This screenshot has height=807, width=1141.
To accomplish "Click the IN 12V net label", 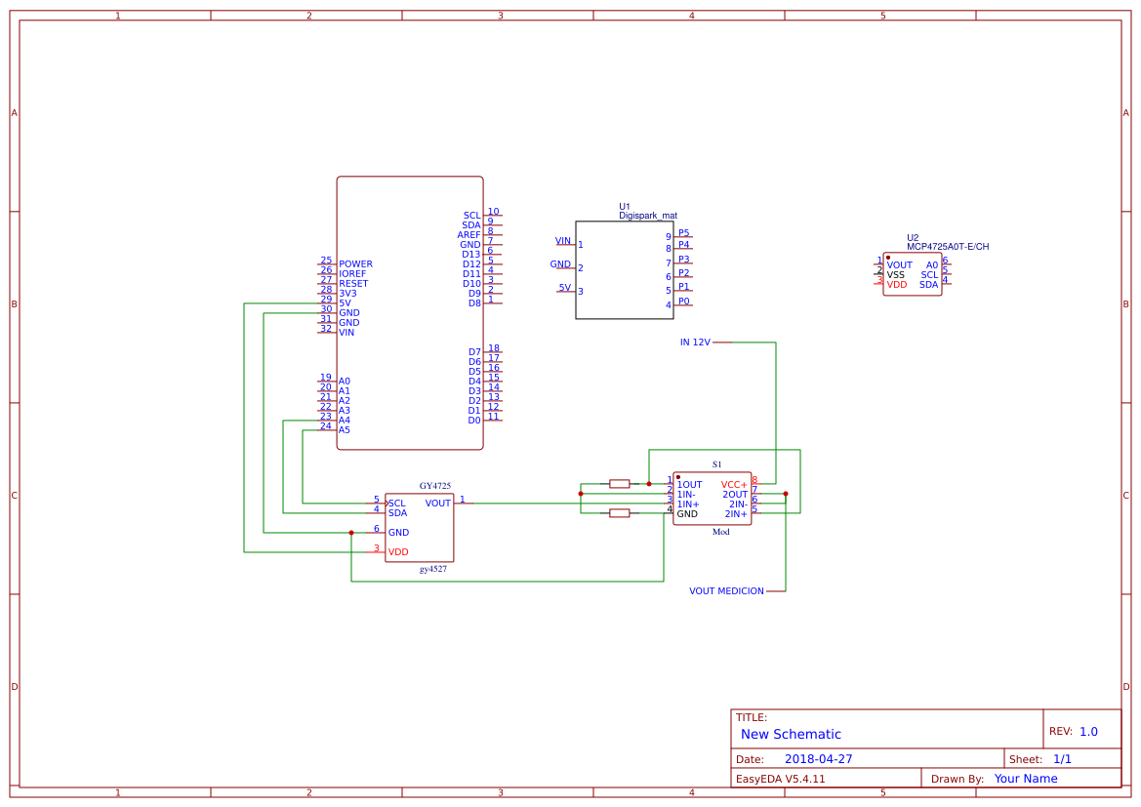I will [x=695, y=343].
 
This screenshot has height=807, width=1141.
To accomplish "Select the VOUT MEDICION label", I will [x=726, y=591].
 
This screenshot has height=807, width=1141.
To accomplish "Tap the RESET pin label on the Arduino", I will [x=353, y=284].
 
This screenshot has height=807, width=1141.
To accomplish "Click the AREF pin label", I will [x=469, y=235].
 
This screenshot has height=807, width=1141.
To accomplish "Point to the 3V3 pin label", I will [x=347, y=294].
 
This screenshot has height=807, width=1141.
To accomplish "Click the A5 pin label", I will [x=344, y=430].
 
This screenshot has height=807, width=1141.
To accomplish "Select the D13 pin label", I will [x=471, y=255].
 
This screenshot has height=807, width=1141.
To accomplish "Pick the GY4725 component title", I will [x=435, y=486].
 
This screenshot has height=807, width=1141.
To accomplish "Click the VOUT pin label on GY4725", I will [x=438, y=504].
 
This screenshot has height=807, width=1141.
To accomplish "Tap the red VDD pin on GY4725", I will [x=398, y=552].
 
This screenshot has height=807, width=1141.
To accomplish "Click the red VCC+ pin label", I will [x=734, y=485].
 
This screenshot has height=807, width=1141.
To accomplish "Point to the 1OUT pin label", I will [x=689, y=485].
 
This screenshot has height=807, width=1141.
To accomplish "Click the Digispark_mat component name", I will [x=647, y=216].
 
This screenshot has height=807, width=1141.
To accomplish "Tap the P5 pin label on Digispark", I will [x=684, y=233].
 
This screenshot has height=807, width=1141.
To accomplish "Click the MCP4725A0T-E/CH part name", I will [x=947, y=247].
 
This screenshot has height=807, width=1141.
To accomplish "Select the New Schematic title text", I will [x=791, y=735].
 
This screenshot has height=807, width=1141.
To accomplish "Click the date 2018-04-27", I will [x=818, y=759].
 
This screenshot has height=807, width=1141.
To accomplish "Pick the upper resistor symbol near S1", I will [x=619, y=483].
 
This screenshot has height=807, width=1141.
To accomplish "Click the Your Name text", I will [x=1026, y=779].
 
